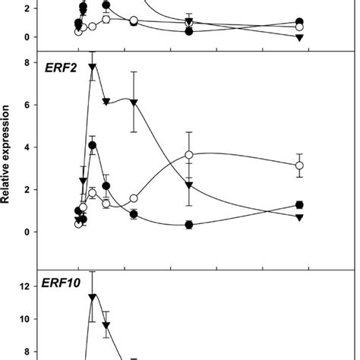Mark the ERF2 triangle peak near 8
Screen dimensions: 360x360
pyautogui.click(x=93, y=67)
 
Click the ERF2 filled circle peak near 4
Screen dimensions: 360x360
pyautogui.click(x=93, y=145)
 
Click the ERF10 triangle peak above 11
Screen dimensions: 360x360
pyautogui.click(x=93, y=296)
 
